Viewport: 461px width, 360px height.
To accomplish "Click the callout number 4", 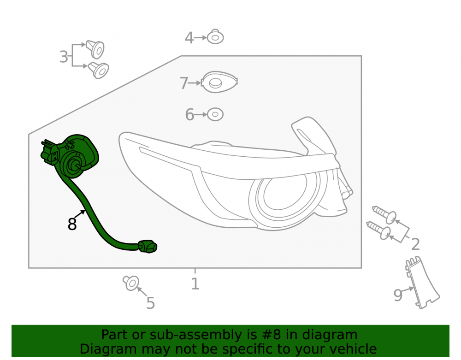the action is coord(189,38).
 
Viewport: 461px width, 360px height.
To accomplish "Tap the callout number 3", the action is coord(64,57).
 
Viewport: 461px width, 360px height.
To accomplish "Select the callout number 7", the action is coord(184,83).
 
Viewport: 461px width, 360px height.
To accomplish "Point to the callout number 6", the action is coord(189,115).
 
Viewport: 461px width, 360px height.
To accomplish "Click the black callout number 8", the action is coord(72,224).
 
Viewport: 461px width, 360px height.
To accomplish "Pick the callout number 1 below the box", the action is coord(195,284).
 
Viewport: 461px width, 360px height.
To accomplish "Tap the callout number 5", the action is coord(151,303).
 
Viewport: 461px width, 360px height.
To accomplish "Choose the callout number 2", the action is coord(415,244).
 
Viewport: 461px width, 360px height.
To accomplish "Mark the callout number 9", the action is coord(398,295).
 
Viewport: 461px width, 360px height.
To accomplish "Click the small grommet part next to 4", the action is coord(215,37).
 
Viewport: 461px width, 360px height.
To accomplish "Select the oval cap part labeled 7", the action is coord(219,82).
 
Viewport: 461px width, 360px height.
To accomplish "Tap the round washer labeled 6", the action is coord(215,114).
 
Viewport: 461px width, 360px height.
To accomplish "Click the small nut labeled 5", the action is coord(131,283).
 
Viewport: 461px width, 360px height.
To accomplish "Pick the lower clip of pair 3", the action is coord(99,70).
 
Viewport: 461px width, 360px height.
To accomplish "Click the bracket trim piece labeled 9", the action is coord(422,283).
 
